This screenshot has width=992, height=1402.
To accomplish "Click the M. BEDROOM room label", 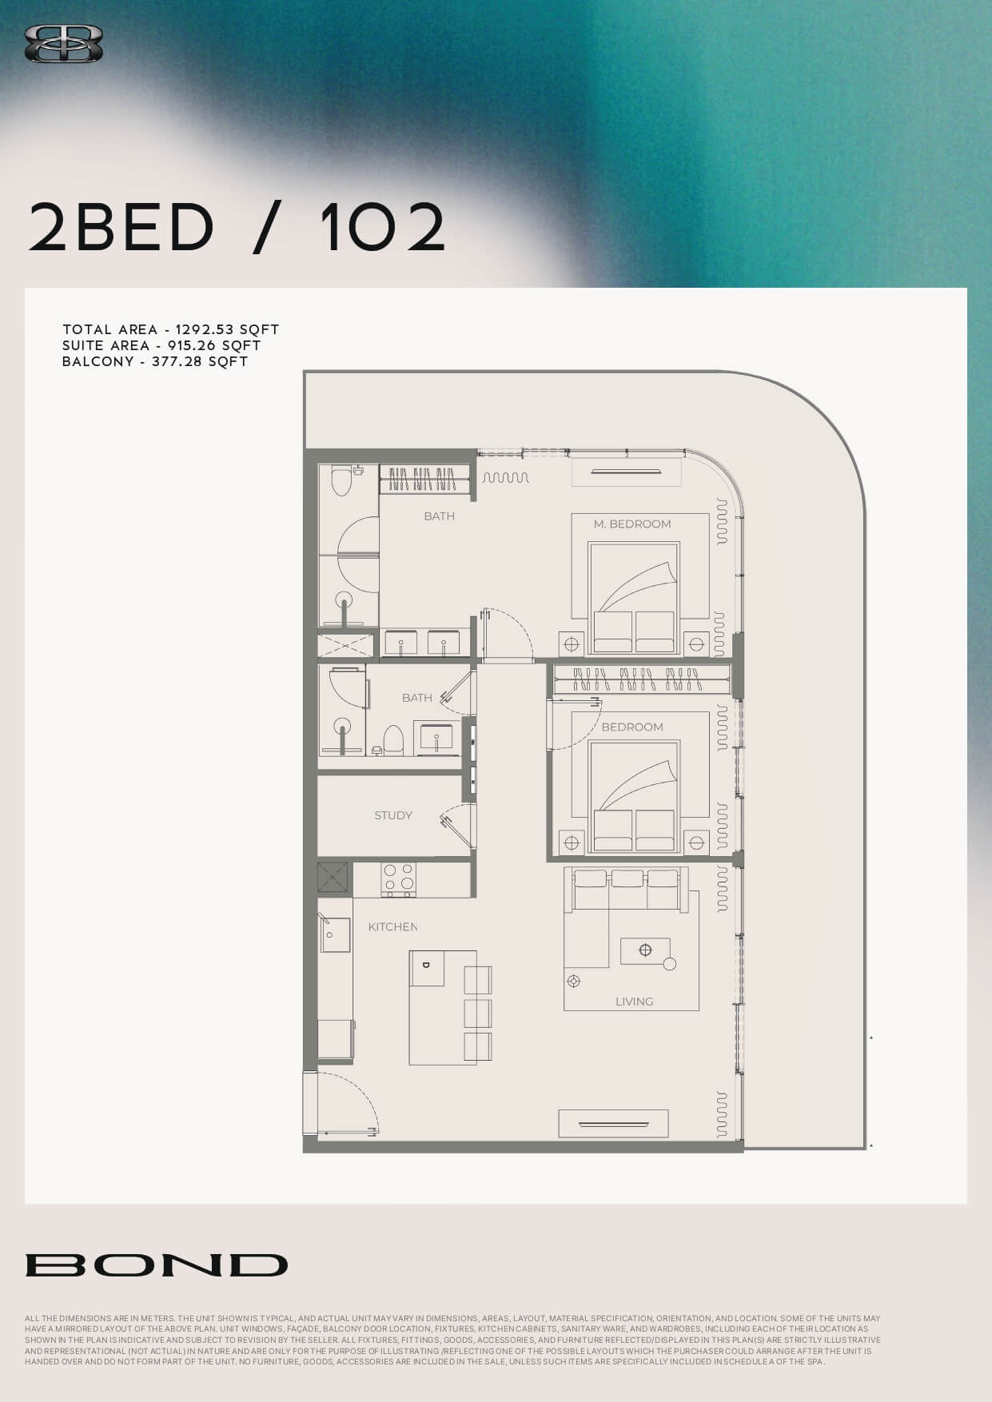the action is tap(632, 524).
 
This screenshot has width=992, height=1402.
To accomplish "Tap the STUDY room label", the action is tap(393, 815).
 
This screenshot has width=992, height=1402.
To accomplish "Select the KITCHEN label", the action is tap(392, 927).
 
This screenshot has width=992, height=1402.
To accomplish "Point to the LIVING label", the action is tap(634, 1002).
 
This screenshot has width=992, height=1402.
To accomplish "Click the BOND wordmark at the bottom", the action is tap(157, 1265).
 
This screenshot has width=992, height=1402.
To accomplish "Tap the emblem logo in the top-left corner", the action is tap(64, 43).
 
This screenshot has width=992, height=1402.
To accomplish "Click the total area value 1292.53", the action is tap(205, 329).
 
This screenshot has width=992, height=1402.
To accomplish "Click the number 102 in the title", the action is tap(382, 227).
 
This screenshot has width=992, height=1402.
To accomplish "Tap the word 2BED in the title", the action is tap(122, 227).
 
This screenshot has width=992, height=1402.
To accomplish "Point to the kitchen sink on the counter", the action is tap(335, 934).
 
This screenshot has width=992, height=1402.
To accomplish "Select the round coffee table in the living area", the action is tap(670, 964).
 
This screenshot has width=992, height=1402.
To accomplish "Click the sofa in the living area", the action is tap(627, 889).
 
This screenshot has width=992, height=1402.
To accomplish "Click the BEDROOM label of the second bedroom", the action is tap(632, 727).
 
